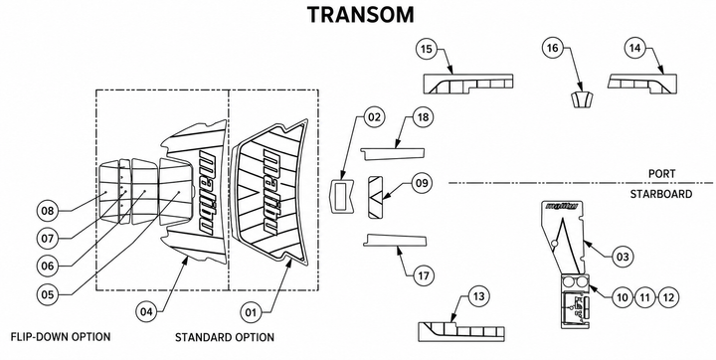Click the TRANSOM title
[x=360, y=15]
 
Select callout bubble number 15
[x=427, y=49]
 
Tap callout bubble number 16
[x=553, y=49]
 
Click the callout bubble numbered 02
[x=374, y=117]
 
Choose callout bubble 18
[x=424, y=117]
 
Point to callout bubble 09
[x=422, y=183]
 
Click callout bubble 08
[x=48, y=211]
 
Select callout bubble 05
[x=48, y=294]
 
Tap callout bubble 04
[x=146, y=312]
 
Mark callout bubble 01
[x=252, y=312]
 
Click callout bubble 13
[x=478, y=297]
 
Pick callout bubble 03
[x=623, y=257]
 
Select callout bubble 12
[x=668, y=298]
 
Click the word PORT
[x=661, y=174]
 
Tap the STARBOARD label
[x=660, y=194]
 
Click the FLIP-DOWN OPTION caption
[x=61, y=337]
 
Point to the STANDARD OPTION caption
[x=225, y=337]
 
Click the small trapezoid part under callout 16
[x=582, y=99]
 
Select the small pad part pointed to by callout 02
[x=342, y=196]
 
